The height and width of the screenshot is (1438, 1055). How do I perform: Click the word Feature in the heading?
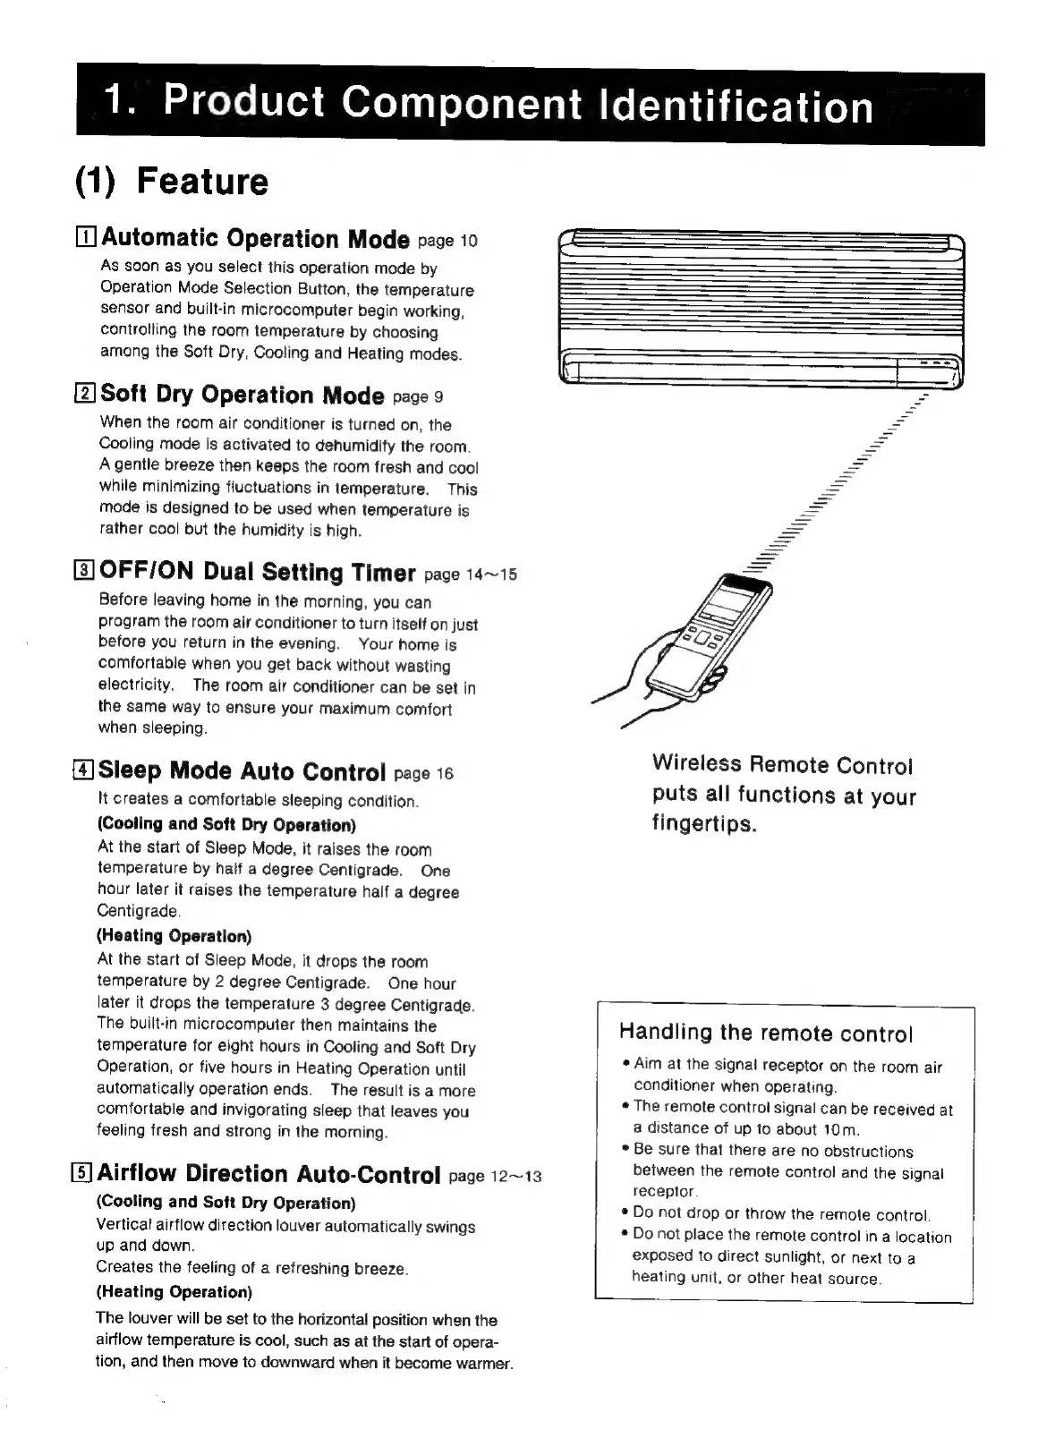(202, 182)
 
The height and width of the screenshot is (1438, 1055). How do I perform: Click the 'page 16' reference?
(423, 773)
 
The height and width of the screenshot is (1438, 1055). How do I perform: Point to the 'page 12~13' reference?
(495, 1176)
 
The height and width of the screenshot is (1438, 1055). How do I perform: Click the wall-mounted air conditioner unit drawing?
(761, 308)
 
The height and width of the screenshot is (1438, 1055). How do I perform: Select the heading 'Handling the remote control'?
(765, 1034)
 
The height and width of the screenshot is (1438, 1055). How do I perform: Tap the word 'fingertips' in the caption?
(703, 823)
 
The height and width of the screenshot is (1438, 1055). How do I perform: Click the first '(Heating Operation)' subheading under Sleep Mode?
(174, 936)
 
